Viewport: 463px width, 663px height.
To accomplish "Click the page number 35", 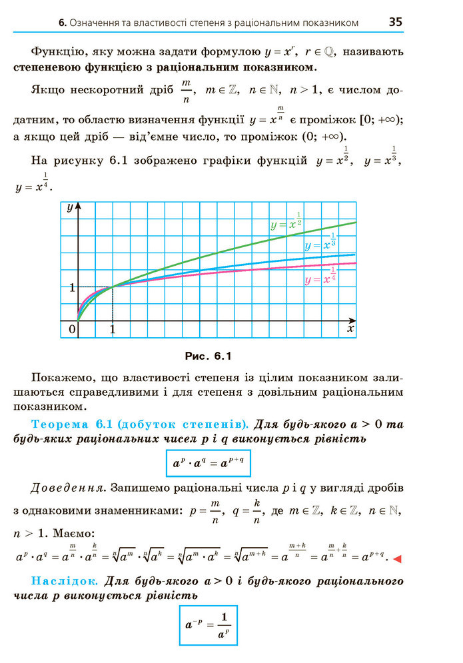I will pyautogui.click(x=395, y=21).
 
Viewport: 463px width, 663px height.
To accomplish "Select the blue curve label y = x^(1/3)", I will pyautogui.click(x=320, y=243).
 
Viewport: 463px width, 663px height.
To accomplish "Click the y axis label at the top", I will pyautogui.click(x=70, y=207).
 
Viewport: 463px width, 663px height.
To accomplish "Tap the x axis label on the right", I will pyautogui.click(x=350, y=329).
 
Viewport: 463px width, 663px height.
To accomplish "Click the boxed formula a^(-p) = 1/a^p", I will pyautogui.click(x=209, y=624).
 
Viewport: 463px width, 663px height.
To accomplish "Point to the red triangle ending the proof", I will pyautogui.click(x=398, y=558).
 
